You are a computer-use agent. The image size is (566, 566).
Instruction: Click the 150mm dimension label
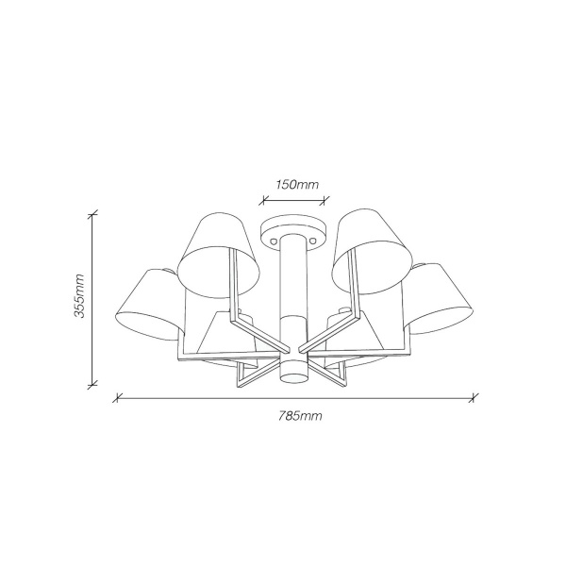[297, 185]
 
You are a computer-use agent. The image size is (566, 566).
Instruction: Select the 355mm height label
[79, 295]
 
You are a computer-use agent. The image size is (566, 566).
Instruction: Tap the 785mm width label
[300, 416]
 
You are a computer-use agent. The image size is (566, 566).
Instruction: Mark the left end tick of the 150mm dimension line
[264, 199]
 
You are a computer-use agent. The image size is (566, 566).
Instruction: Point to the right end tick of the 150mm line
[326, 199]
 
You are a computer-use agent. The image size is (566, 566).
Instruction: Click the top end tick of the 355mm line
[92, 215]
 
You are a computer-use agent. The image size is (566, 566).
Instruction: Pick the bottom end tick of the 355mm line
[92, 385]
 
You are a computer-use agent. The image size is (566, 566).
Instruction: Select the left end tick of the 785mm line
[117, 398]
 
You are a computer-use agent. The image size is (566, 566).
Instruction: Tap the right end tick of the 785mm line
[474, 398]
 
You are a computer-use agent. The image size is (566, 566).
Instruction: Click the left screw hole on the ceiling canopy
[275, 240]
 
